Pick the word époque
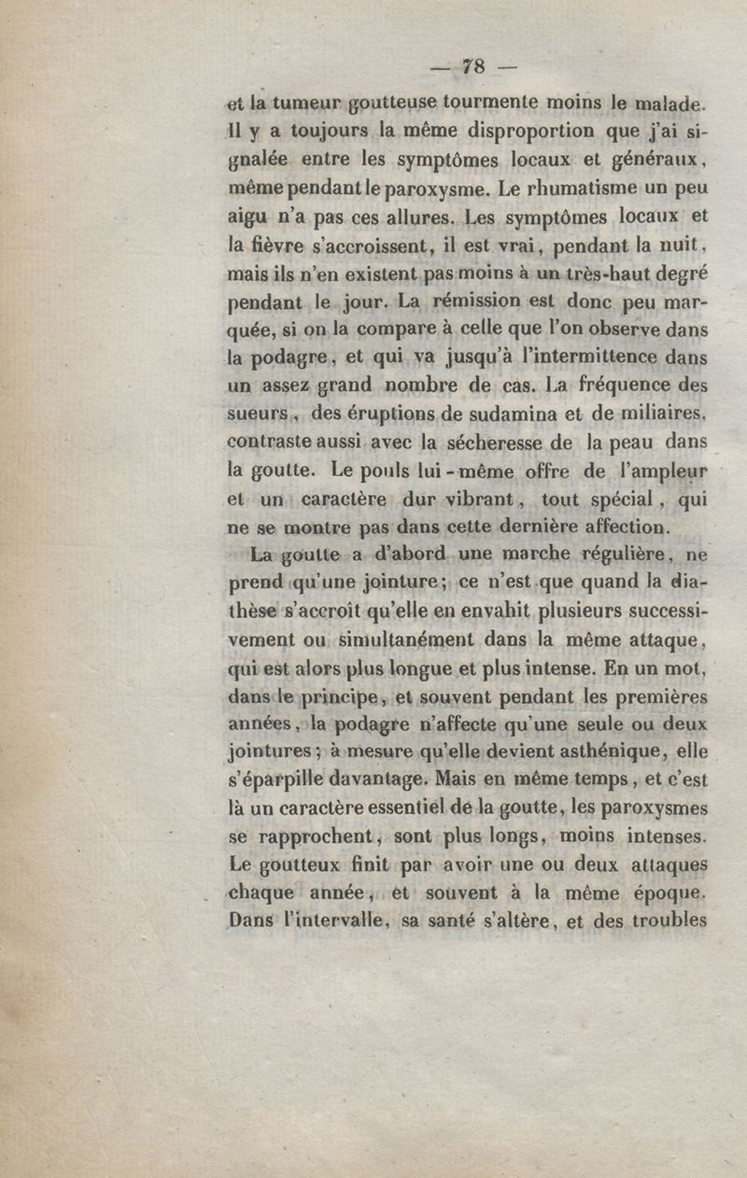coord(661,892)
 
